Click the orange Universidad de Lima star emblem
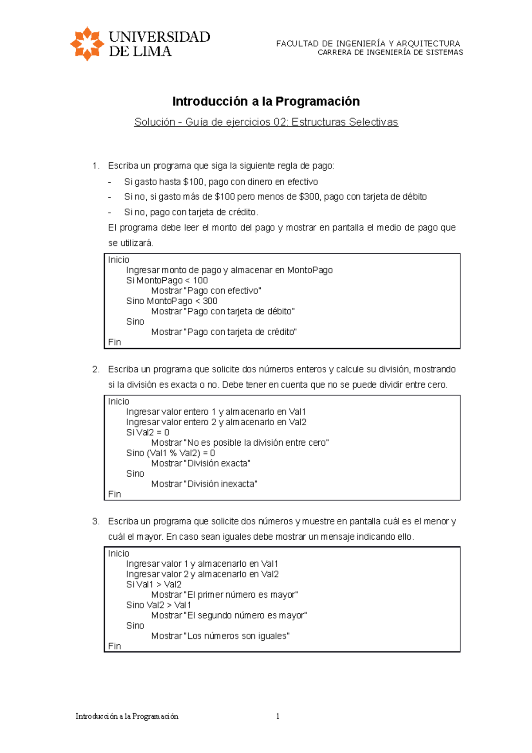coord(87,43)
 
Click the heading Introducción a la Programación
coord(266,102)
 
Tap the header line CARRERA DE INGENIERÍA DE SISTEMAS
coord(390,52)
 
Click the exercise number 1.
coord(95,166)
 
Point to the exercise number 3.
coord(95,522)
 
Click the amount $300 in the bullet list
coord(309,196)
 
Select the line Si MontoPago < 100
coord(167,280)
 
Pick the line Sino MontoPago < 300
coord(172,301)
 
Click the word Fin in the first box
coord(114,342)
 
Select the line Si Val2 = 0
coord(147,432)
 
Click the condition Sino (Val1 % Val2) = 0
coord(170,453)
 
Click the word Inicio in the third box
coord(118,553)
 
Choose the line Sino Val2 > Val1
coord(158,605)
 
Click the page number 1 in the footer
coord(278,716)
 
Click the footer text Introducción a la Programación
coord(127,716)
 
